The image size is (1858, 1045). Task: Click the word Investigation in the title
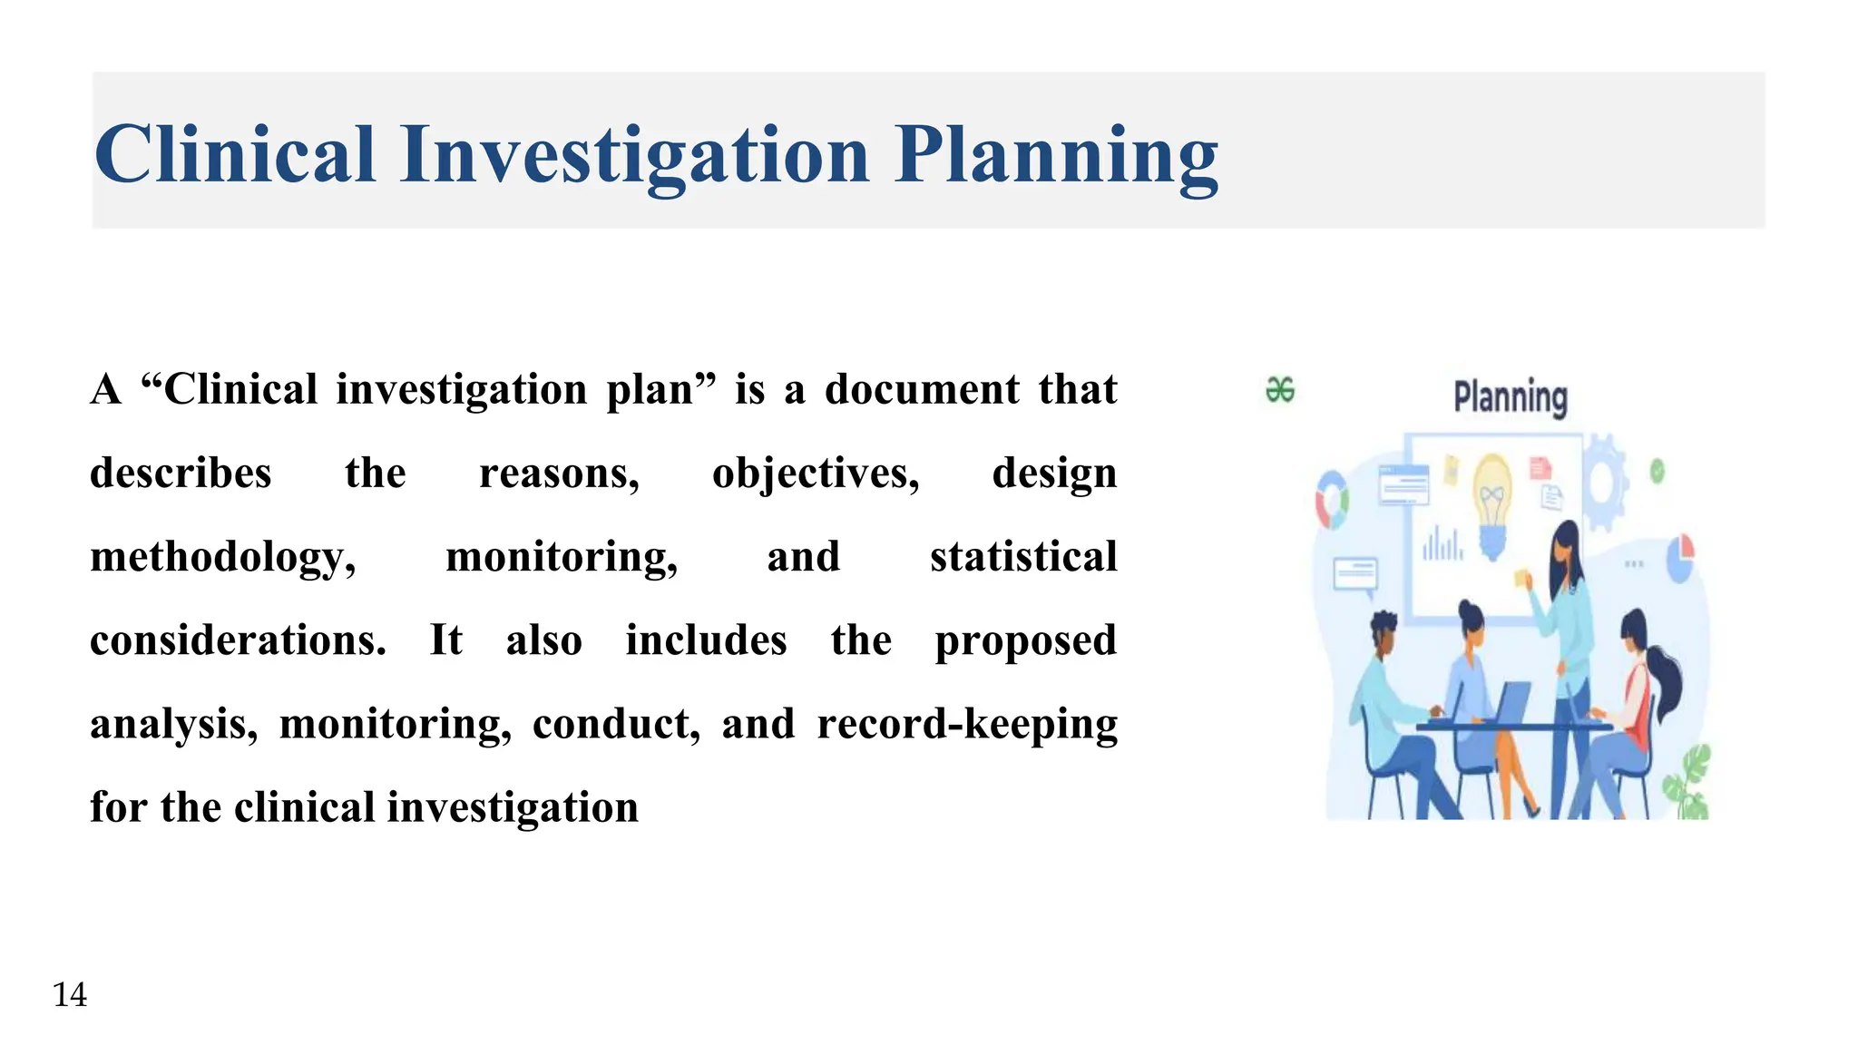635,156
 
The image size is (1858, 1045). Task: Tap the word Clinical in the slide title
235,156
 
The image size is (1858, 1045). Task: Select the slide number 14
70,995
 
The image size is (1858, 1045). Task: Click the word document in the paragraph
922,390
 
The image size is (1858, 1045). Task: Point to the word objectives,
816,474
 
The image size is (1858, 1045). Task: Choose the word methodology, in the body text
223,558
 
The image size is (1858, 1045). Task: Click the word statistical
1023,557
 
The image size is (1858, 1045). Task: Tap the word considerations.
238,640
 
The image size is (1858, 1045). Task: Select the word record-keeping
967,725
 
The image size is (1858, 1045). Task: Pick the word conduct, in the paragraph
616,725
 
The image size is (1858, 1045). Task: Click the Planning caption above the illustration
1511,397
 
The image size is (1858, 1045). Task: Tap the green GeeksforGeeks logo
1280,390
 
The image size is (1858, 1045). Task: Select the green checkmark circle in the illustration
1658,471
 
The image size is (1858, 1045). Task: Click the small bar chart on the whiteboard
1442,544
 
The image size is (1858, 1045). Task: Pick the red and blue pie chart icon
1680,556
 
